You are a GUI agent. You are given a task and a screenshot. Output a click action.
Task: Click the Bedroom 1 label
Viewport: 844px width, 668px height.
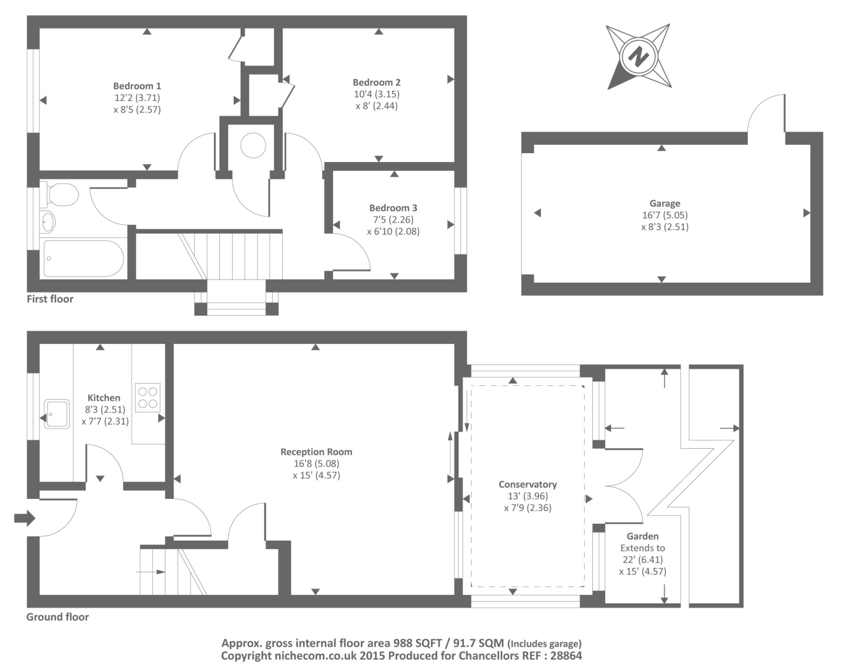(x=138, y=86)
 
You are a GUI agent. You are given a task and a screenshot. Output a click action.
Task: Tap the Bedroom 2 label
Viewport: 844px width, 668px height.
(x=376, y=82)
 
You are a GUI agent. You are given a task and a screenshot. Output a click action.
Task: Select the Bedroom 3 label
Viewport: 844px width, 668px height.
(x=394, y=208)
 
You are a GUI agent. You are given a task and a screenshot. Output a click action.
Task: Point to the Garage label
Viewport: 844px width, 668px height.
(x=665, y=203)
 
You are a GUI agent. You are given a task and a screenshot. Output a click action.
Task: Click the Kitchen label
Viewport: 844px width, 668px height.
(x=104, y=398)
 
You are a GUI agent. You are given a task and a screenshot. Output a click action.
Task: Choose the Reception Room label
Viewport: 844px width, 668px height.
(x=316, y=452)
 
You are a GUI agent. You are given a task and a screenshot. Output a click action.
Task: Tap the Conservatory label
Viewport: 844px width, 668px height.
(x=528, y=484)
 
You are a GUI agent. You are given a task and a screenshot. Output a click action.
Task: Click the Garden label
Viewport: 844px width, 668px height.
(x=642, y=536)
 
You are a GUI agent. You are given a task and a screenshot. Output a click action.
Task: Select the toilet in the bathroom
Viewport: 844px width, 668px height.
(x=59, y=194)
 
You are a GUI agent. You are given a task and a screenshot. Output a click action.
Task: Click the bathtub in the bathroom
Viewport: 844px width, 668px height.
(x=84, y=258)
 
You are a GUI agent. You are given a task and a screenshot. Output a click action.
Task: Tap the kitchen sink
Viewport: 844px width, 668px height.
(x=57, y=414)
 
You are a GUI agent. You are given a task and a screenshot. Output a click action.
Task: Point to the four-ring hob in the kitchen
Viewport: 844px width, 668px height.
(x=148, y=397)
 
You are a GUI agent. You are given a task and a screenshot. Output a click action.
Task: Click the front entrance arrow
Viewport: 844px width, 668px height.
(x=24, y=519)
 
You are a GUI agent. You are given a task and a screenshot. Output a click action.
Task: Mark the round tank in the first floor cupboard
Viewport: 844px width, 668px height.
(x=253, y=145)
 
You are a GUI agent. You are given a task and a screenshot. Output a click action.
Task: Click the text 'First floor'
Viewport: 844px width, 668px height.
(x=50, y=299)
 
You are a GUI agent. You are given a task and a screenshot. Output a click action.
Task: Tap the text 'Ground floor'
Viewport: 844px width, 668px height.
(x=58, y=617)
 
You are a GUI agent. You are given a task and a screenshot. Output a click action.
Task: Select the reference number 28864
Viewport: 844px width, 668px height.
(x=566, y=655)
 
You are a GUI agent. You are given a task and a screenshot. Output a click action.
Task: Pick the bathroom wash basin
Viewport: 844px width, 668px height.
(x=48, y=223)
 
